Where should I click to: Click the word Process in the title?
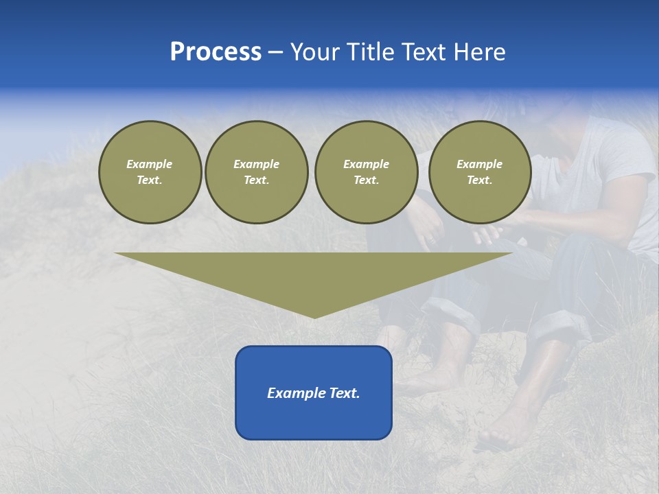pos(216,52)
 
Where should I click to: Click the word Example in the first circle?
pos(150,164)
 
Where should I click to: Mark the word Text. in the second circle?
pos(256,180)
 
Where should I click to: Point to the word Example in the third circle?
pos(366,164)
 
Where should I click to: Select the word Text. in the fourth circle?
pos(479,180)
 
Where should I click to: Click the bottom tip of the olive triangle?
pos(314,316)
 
